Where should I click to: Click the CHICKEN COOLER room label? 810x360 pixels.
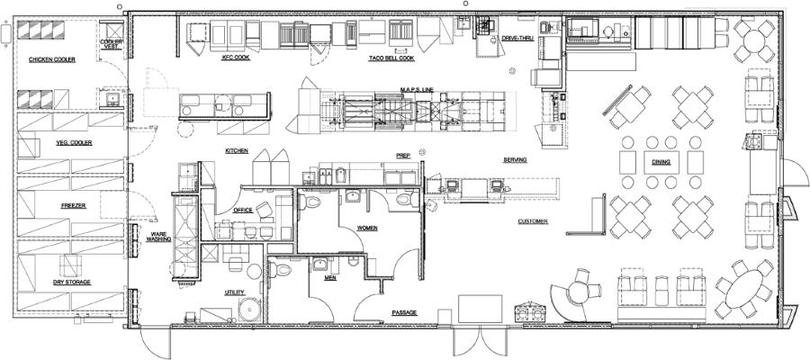tap(51, 60)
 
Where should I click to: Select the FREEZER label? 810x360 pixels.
tap(74, 205)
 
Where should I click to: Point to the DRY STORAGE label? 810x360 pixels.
tap(72, 282)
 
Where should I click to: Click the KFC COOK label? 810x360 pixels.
tap(236, 58)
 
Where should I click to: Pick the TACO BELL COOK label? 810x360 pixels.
tap(391, 58)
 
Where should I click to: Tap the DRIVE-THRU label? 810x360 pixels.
tap(517, 38)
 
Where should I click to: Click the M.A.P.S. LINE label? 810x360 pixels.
tap(417, 90)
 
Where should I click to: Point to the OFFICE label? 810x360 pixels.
tap(243, 211)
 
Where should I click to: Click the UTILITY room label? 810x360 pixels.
tap(235, 292)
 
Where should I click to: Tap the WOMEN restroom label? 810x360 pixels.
tap(367, 228)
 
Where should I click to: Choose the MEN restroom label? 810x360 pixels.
tap(330, 278)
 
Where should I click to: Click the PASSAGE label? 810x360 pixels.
tap(404, 312)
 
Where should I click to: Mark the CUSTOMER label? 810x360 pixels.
tap(533, 221)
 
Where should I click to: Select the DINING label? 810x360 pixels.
tap(661, 162)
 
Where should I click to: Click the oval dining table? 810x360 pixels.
tap(744, 289)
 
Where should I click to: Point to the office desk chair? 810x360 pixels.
tap(264, 210)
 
